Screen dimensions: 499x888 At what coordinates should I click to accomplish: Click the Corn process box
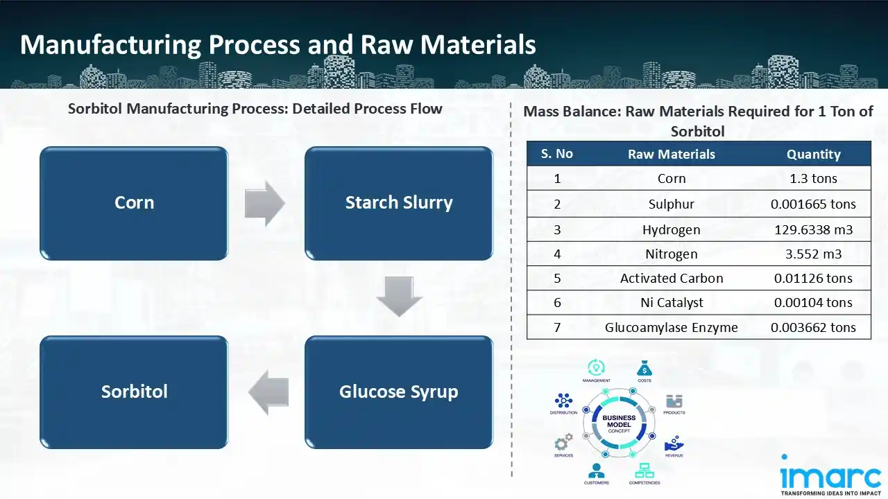(x=134, y=203)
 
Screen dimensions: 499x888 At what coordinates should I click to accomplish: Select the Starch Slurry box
(x=399, y=203)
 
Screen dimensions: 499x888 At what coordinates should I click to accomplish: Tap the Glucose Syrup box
(x=399, y=392)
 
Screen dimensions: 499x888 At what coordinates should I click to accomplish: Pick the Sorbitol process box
(x=134, y=392)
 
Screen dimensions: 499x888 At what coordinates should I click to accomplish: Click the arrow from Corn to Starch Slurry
(x=265, y=204)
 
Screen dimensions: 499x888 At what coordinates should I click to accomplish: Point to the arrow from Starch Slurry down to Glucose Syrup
(x=399, y=297)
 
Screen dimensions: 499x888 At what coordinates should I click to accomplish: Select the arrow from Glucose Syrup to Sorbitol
(x=268, y=392)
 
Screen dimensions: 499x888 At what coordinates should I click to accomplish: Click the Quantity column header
(x=813, y=155)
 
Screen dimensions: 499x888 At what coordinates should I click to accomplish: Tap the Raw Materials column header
(x=671, y=155)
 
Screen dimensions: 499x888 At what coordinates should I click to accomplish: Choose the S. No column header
(x=557, y=154)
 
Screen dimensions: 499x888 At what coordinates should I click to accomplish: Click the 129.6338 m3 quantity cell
(x=813, y=229)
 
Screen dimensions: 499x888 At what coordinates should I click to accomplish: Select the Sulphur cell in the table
(x=671, y=204)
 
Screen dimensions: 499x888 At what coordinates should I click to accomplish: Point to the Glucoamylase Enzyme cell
(x=671, y=327)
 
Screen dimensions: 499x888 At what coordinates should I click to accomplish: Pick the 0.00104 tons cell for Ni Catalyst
(x=813, y=303)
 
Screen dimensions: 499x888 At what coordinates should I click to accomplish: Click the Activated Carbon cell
(x=671, y=279)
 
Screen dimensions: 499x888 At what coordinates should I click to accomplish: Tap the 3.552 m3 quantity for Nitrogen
(x=813, y=254)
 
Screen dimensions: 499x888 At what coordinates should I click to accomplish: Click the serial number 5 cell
(x=557, y=279)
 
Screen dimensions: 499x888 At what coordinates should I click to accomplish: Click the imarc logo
(x=831, y=476)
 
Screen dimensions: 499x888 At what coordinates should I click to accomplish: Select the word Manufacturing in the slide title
(x=110, y=45)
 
